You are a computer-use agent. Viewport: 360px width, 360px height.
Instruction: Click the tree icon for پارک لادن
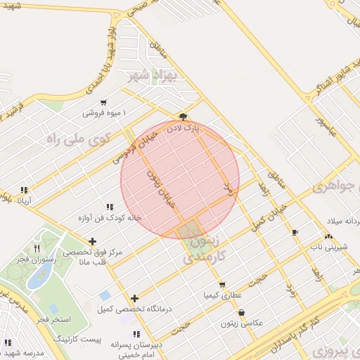coord(184,117)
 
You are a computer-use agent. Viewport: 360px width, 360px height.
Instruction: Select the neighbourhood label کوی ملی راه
coord(74,138)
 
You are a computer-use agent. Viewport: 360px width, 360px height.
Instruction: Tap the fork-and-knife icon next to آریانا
coord(25,189)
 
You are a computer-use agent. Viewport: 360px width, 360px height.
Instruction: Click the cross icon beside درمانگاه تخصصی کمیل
coord(135,298)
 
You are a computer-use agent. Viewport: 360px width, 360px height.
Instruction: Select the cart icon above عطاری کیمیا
coord(222,285)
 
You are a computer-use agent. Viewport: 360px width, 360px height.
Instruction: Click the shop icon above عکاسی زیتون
coord(242,312)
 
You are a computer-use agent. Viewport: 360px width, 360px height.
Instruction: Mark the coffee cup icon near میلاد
coord(294,232)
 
